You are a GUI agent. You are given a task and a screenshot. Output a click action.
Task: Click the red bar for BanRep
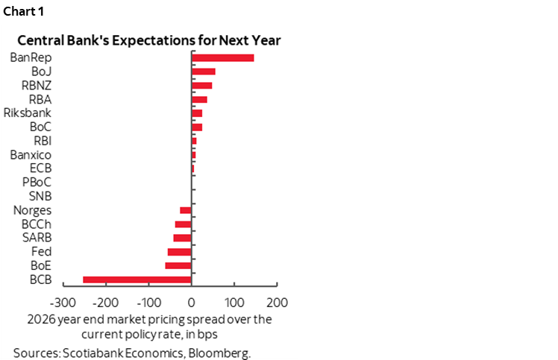click(x=222, y=57)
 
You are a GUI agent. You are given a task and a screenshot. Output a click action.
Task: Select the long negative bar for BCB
click(x=137, y=280)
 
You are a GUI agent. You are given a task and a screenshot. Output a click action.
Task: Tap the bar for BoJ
click(x=203, y=72)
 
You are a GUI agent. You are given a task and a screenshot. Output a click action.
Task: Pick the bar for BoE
click(x=178, y=265)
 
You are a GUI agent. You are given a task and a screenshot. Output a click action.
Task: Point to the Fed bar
click(x=180, y=252)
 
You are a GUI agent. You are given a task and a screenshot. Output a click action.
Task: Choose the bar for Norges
click(x=186, y=210)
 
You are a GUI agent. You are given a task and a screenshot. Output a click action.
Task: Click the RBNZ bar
click(x=201, y=86)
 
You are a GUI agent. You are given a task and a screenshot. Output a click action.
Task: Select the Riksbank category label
click(x=27, y=113)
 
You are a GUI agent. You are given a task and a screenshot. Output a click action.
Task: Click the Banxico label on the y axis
click(x=31, y=155)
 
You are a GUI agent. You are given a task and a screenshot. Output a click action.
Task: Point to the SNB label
click(x=39, y=196)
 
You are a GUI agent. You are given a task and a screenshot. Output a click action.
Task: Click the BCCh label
click(x=36, y=224)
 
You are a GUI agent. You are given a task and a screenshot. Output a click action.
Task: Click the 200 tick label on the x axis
click(x=277, y=303)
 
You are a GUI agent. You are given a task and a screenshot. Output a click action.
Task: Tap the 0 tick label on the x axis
click(x=192, y=303)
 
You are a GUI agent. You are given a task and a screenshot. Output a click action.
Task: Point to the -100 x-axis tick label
click(x=148, y=303)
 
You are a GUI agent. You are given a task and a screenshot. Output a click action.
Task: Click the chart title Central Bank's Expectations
click(x=149, y=40)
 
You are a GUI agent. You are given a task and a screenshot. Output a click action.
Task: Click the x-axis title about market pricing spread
click(x=149, y=325)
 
